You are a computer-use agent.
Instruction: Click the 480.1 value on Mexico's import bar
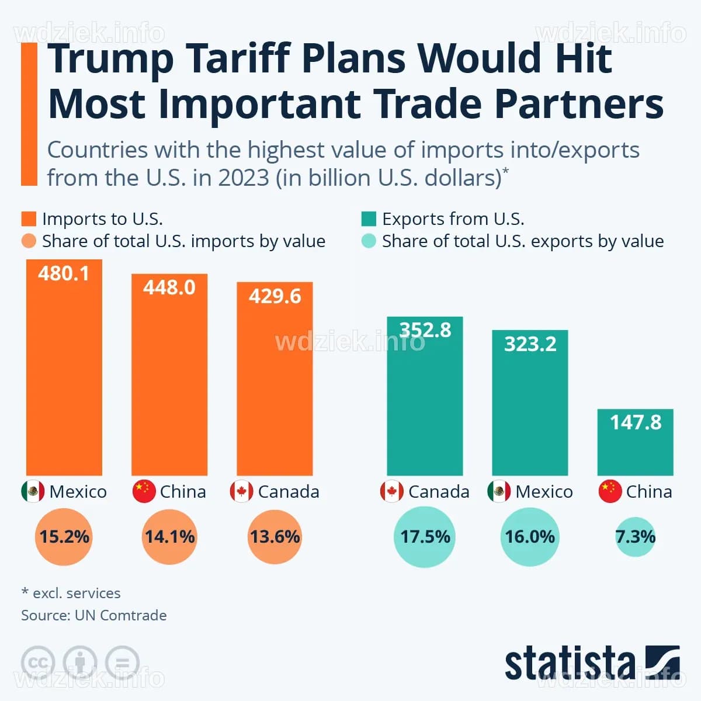coord(64,273)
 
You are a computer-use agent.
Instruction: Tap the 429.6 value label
coord(275,296)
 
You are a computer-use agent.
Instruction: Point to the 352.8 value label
coord(425,330)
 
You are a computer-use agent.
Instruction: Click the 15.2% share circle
coord(64,536)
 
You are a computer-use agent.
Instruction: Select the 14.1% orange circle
coord(169,536)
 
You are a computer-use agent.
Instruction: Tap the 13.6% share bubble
coord(275,536)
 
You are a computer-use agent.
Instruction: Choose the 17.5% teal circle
coord(425,536)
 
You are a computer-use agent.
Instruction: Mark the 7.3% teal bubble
coord(635,536)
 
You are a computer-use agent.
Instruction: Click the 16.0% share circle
coord(530,536)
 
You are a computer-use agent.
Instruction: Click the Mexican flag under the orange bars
coord(33,491)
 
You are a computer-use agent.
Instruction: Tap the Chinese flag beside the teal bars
coord(610,491)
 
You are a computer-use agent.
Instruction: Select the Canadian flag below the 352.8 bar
coord(391,491)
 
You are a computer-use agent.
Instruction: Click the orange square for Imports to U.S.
coord(29,219)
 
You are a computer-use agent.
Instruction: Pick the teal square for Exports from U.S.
coord(369,219)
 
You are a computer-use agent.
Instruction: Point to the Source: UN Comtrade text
coord(94,615)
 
